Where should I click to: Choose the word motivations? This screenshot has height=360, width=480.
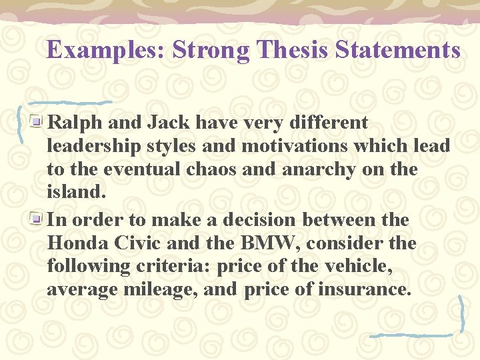click(x=297, y=146)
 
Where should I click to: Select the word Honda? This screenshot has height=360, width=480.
click(x=75, y=243)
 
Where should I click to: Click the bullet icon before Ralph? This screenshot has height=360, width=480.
click(x=40, y=122)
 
